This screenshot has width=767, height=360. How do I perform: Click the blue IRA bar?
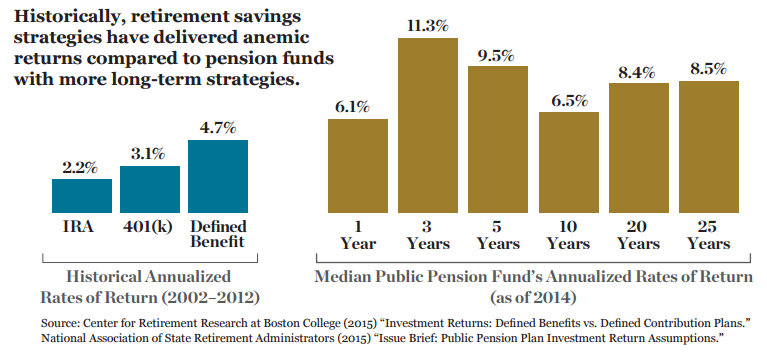82,196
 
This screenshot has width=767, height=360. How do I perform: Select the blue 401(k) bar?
150,189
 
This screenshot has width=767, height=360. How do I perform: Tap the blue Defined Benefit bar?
218,176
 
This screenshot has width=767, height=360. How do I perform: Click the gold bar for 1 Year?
358,166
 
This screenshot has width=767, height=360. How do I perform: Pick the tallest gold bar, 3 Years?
428,125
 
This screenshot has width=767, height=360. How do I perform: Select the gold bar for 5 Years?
498,139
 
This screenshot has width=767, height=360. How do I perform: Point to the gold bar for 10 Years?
569,162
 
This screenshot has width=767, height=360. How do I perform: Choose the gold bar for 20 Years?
639,148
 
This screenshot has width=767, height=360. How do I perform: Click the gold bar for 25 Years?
709,147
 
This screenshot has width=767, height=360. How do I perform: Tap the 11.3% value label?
428,26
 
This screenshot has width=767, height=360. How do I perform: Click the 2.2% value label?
80,168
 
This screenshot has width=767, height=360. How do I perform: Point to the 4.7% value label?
218,128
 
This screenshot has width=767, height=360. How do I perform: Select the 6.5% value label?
569,101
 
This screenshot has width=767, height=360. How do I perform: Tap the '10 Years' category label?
569,235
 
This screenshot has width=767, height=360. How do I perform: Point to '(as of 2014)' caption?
534,298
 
